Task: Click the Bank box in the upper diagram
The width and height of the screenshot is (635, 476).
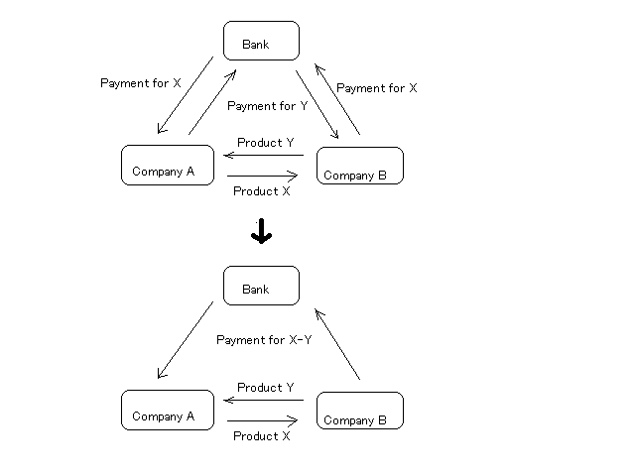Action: [260, 42]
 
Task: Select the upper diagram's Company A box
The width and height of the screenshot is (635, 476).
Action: [167, 165]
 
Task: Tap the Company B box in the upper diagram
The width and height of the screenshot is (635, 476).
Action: [359, 166]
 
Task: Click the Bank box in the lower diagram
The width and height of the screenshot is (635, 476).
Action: [260, 286]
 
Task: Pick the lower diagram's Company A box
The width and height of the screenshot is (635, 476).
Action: [167, 410]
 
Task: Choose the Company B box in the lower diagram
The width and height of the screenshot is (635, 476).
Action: [359, 410]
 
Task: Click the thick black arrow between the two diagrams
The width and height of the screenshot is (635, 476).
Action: [261, 232]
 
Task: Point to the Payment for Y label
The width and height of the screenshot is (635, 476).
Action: [267, 105]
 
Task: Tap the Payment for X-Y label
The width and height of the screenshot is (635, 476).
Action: [264, 340]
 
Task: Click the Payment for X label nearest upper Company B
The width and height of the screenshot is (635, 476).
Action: [376, 88]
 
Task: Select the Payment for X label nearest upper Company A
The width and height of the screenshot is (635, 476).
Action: [141, 83]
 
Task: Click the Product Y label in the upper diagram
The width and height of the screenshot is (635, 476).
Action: [266, 143]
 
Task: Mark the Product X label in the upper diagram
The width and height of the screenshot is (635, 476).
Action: [262, 191]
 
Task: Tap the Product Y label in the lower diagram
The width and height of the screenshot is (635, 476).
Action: [266, 388]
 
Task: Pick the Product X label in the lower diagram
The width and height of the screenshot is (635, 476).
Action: [262, 435]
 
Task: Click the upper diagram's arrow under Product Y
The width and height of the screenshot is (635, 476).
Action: [263, 155]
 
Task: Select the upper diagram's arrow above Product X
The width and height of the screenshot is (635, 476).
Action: [263, 177]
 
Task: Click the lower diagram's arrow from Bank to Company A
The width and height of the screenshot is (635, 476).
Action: [186, 339]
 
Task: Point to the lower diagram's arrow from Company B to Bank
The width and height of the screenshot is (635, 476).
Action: [337, 343]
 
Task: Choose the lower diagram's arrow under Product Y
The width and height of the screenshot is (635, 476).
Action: [263, 400]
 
